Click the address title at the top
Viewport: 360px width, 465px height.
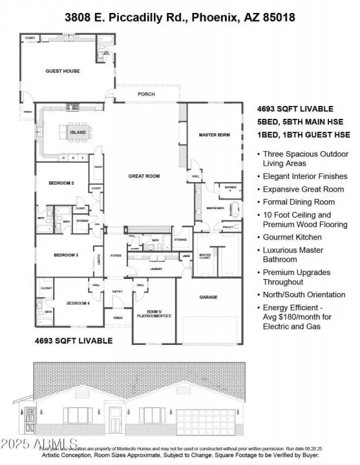[180, 17]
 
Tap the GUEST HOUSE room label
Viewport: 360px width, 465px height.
[63, 71]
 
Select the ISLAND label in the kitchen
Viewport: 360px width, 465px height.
[78, 132]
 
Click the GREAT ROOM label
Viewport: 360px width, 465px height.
[143, 176]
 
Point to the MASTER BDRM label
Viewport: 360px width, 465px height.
[215, 134]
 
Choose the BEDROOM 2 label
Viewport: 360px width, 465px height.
[61, 183]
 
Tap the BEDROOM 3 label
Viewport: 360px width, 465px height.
[65, 255]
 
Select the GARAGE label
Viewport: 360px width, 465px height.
[208, 297]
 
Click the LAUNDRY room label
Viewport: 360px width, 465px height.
[155, 269]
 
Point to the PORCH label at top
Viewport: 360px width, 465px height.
[147, 94]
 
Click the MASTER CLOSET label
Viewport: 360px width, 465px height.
[205, 256]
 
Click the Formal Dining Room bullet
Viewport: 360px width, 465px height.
[297, 201]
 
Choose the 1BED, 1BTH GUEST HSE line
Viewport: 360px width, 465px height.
[304, 134]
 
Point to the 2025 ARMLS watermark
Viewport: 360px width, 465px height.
[40, 444]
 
